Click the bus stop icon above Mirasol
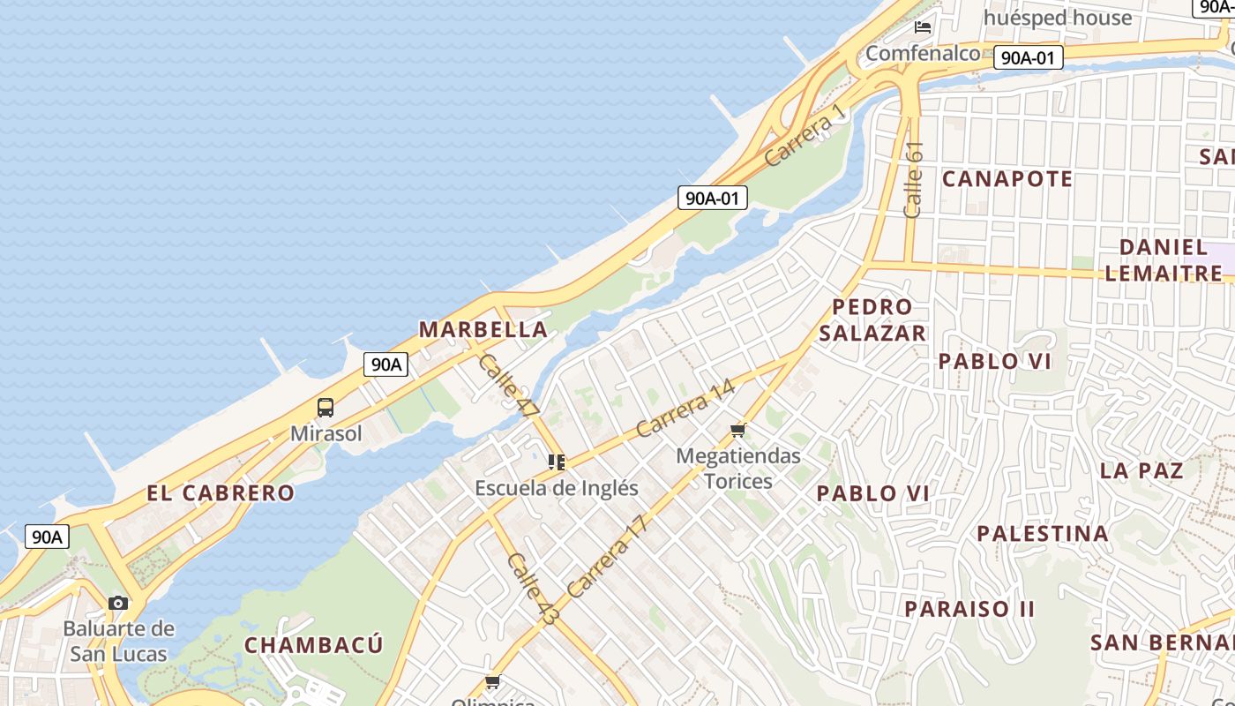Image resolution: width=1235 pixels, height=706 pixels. [x=326, y=408]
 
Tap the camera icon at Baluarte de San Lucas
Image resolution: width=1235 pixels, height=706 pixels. [x=117, y=604]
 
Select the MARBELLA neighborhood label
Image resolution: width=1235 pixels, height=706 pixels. [x=483, y=330]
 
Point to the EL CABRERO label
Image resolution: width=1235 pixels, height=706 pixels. [x=221, y=493]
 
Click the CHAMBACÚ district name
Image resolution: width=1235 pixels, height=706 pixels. [x=314, y=645]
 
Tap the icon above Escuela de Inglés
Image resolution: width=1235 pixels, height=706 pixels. [x=557, y=462]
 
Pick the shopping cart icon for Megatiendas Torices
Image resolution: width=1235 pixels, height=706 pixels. [x=738, y=431]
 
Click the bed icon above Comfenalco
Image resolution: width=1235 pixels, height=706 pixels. [x=923, y=27]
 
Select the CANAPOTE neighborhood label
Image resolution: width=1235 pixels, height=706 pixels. [x=1007, y=179]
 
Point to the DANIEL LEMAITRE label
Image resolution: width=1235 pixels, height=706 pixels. [x=1164, y=260]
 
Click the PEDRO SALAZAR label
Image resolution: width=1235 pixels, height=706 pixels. [x=872, y=319]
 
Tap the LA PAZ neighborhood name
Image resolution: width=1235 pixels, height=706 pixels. [x=1141, y=470]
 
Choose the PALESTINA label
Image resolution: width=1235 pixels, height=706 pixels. [x=1043, y=533]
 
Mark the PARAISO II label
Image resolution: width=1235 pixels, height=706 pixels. [x=969, y=609]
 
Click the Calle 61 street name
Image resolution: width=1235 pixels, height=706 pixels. [x=914, y=179]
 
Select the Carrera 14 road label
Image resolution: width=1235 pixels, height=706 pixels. [x=685, y=409]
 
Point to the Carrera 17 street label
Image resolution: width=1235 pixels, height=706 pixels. [x=608, y=556]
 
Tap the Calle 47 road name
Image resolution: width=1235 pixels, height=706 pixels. [x=508, y=386]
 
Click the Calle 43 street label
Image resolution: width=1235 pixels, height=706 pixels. [x=533, y=590]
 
